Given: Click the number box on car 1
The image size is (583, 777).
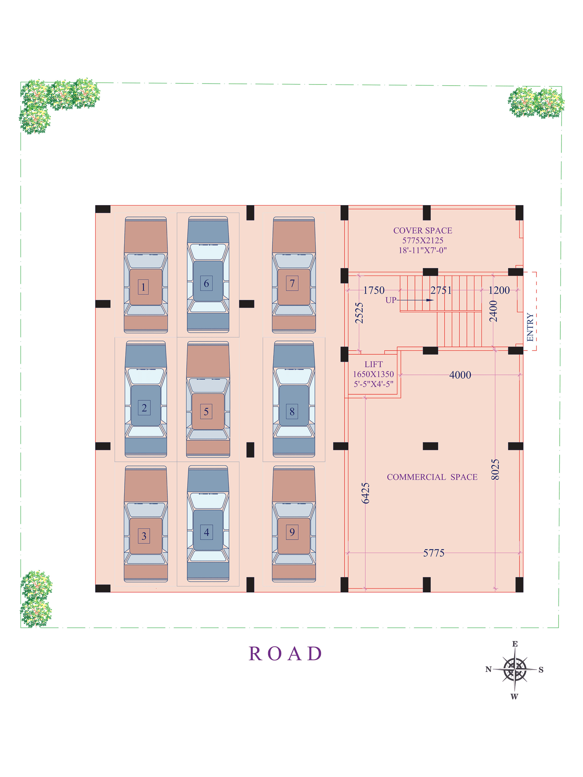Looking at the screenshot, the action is click(143, 287).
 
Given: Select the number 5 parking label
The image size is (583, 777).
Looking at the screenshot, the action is click(206, 412).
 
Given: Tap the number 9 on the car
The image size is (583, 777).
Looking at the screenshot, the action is click(292, 532).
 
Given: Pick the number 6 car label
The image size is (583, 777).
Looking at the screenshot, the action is click(206, 283).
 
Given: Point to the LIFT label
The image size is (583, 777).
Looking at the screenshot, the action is click(373, 364).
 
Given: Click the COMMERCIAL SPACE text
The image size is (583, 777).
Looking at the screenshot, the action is click(432, 477).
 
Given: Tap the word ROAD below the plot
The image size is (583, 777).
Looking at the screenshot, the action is click(285, 654).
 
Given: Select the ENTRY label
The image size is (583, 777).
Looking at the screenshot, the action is click(530, 327).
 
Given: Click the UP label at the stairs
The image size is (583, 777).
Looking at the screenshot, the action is click(391, 300).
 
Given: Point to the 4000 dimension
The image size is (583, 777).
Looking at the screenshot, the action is click(460, 375).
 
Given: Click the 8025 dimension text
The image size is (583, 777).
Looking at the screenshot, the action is click(495, 470).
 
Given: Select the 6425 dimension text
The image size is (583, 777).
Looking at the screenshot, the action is click(365, 493).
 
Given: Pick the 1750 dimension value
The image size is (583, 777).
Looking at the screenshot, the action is click(374, 290).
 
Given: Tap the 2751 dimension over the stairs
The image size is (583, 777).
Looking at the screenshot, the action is click(441, 290).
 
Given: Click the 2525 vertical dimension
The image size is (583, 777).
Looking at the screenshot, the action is click(359, 313).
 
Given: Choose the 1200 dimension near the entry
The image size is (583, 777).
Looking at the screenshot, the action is click(499, 290).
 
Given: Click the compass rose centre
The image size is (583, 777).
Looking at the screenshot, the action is click(515, 670).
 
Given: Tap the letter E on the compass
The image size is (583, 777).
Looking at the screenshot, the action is click(515, 644).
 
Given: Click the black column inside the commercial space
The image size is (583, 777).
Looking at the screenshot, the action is click(430, 446).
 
